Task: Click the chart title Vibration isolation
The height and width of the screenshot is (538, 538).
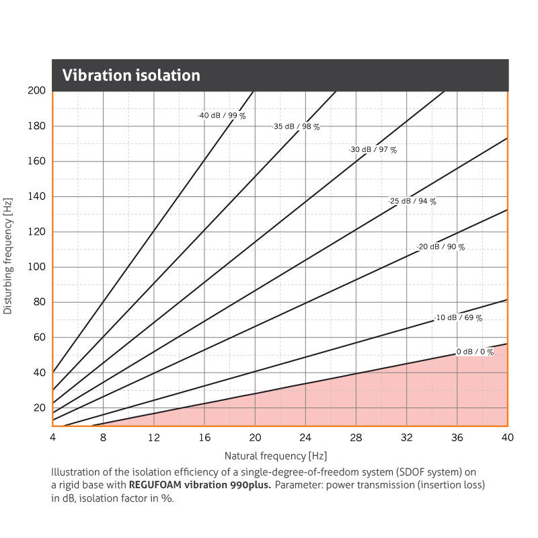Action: pos(131,75)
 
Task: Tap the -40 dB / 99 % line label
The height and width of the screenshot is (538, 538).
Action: pos(222,116)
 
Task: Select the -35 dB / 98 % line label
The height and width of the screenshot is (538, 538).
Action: pos(296,126)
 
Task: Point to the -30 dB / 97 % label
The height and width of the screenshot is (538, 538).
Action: pos(373,150)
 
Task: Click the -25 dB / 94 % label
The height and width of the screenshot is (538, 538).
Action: pos(412,201)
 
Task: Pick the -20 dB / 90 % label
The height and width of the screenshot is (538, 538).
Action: pos(440,247)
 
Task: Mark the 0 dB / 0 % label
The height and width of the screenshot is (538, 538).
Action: pos(475,352)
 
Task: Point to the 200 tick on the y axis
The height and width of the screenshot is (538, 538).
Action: pos(36,90)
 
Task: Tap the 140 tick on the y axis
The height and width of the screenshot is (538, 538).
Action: pos(36,196)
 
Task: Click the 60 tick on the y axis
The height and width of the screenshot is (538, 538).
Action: pos(39,338)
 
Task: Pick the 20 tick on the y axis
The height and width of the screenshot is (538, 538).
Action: pos(39,408)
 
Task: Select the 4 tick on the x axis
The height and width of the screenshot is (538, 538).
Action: pos(52,438)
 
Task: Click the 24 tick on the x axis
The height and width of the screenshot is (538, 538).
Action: pos(305,438)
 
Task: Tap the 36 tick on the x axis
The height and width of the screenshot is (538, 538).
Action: pos(457,438)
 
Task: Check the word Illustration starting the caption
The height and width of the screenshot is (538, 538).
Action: pos(74,471)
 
